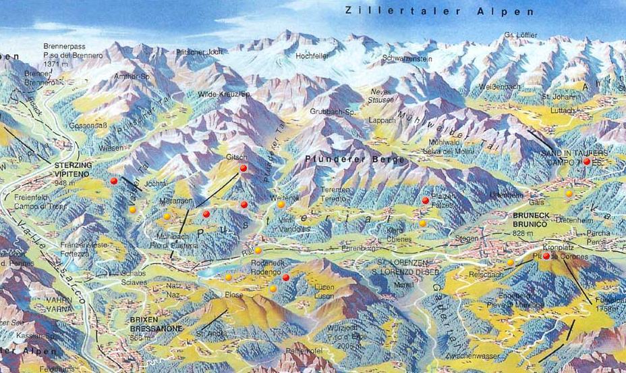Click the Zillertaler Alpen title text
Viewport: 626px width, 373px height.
[x=439, y=11]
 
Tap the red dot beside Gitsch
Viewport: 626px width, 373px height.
[x=244, y=168]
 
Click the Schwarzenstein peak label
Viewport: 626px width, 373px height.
[x=407, y=59]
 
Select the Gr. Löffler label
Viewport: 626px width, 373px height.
[x=517, y=35]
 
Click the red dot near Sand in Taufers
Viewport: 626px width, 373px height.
[x=587, y=161]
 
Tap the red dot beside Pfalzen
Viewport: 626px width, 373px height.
[x=426, y=200]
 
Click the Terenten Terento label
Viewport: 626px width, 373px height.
[x=335, y=192]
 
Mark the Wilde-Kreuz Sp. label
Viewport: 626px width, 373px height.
[x=225, y=95]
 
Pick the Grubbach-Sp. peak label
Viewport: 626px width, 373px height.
[x=328, y=110]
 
